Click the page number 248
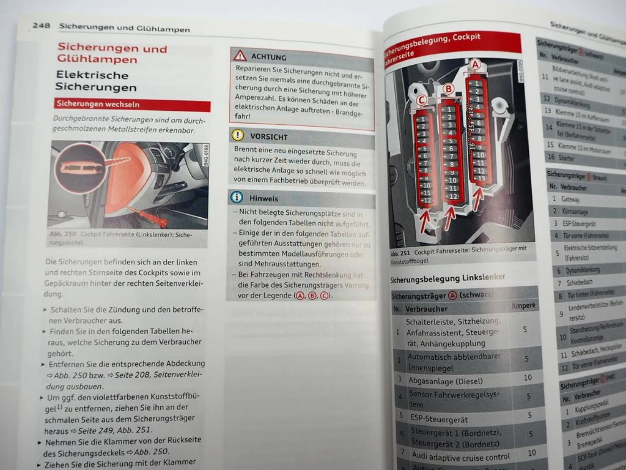[x=41, y=25]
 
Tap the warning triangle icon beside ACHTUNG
[x=240, y=56]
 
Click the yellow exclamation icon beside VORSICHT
[x=237, y=135]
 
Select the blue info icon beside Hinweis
[x=237, y=197]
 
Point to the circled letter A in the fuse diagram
[x=475, y=65]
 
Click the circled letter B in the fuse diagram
[x=449, y=89]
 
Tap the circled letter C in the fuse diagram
[x=422, y=100]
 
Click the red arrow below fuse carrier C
[x=424, y=222]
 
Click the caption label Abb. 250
[x=63, y=234]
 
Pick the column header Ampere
[x=523, y=305]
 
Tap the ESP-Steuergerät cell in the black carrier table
[x=439, y=419]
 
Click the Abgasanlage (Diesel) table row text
[x=445, y=381]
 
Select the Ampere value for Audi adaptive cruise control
[x=532, y=453]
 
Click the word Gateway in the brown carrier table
[x=570, y=199]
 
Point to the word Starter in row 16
[x=566, y=158]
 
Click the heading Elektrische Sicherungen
[x=96, y=81]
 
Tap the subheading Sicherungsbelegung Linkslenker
[x=447, y=278]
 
